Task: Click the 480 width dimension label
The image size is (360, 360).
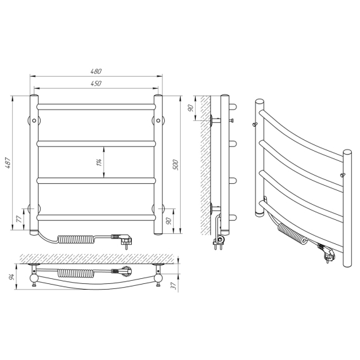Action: pyautogui.click(x=96, y=72)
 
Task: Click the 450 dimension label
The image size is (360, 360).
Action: pyautogui.click(x=96, y=83)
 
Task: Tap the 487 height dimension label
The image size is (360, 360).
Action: pyautogui.click(x=8, y=163)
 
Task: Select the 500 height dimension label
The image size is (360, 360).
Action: pyautogui.click(x=176, y=165)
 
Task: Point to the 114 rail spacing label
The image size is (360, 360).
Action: pyautogui.click(x=99, y=162)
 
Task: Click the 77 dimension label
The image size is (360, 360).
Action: pyautogui.click(x=20, y=219)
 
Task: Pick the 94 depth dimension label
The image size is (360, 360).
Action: pyautogui.click(x=12, y=276)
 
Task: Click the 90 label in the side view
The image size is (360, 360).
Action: pyautogui.click(x=191, y=108)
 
